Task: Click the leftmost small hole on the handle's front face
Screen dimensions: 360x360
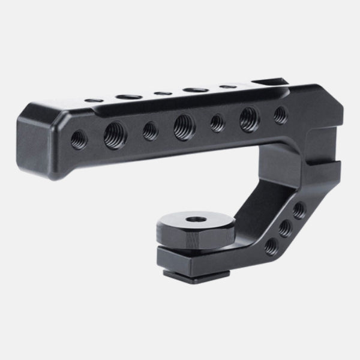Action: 79,140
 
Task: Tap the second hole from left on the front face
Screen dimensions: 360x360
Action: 114,136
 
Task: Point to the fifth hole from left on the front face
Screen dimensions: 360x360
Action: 217,123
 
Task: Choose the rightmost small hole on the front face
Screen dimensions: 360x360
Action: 280,115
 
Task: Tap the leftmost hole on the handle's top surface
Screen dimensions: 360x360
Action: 93,100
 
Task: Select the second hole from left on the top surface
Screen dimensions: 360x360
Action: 127,96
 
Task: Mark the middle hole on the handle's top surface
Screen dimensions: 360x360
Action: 161,93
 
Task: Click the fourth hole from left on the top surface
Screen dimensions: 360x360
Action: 195,90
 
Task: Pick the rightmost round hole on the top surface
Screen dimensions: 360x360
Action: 227,87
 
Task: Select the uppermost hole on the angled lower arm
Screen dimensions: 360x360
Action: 298,210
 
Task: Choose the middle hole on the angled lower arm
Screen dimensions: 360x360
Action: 285,228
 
